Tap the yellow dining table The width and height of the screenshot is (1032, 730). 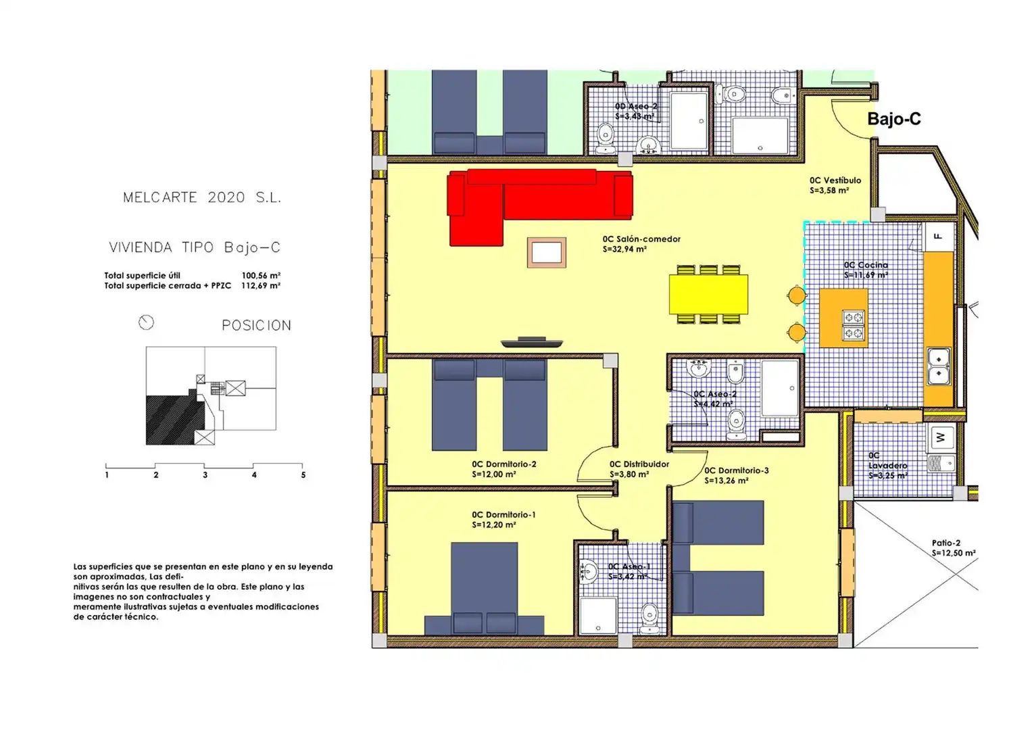coord(708,295)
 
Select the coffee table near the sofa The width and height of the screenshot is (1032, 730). coord(546,253)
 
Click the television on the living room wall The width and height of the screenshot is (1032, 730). coord(532,342)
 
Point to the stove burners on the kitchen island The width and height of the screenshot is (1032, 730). coord(854,325)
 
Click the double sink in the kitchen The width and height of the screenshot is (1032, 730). coord(939,367)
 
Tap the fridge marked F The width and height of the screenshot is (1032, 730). coord(939,237)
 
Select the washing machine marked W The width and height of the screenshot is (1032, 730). coord(941,437)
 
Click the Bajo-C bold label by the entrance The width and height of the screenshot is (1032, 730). coord(893,119)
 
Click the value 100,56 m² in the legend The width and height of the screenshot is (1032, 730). coord(261,276)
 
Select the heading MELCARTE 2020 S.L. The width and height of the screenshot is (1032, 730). coord(202,197)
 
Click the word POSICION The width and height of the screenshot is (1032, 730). coord(257,325)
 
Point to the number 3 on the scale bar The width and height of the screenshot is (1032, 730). coord(205,474)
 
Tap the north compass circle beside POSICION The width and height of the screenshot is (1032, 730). coord(146,322)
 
